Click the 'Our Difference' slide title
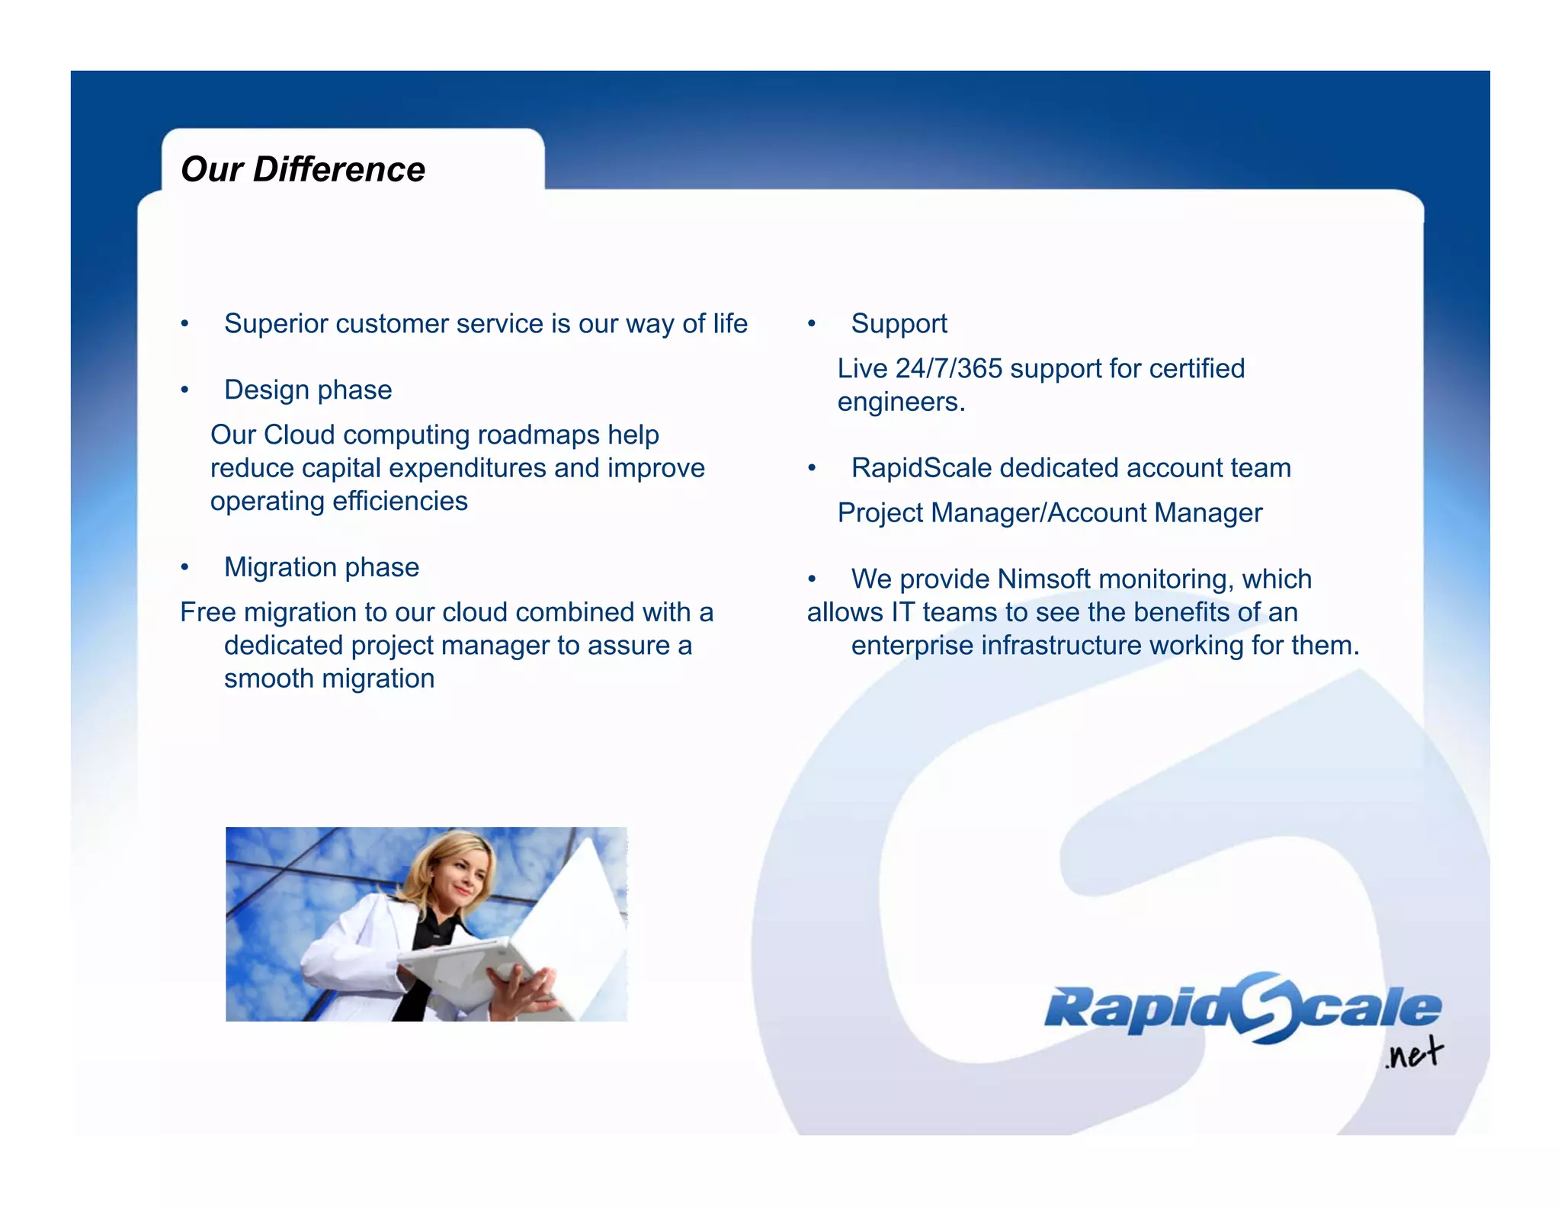pos(303,169)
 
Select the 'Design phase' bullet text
pos(308,390)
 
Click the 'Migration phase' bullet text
pos(321,568)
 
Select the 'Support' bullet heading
pos(899,324)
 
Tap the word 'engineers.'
pos(901,403)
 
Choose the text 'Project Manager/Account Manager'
pos(1050,513)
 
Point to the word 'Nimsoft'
pos(1043,579)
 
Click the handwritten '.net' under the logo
pos(1413,1054)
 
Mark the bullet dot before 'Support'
pos(812,324)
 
